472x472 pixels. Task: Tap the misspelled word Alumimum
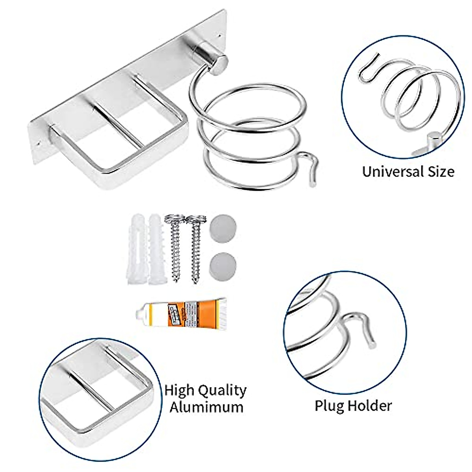coord(206,407)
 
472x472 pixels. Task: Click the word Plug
coord(328,405)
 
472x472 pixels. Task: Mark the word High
coord(179,391)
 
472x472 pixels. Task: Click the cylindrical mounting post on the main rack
coord(213,63)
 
